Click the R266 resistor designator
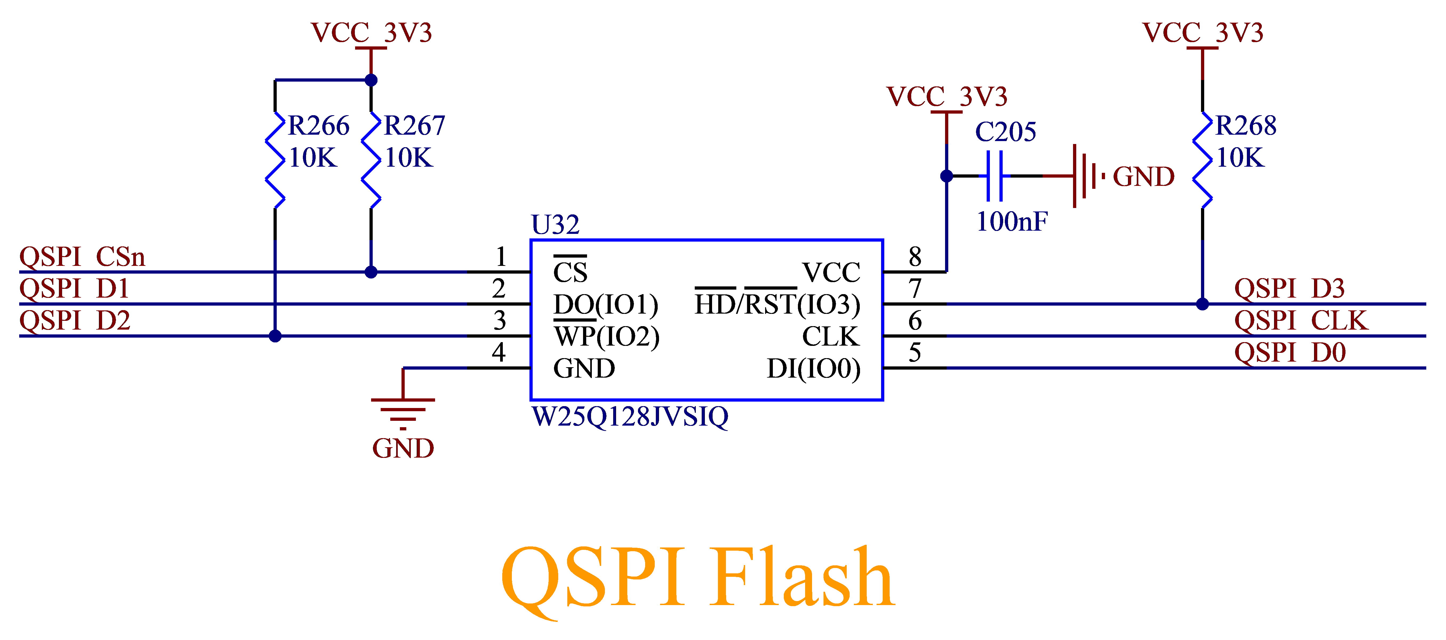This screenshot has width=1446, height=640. [x=318, y=126]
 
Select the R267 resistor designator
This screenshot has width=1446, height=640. [x=414, y=126]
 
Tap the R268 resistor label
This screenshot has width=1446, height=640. [x=1246, y=126]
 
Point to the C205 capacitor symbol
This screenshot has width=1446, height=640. [x=994, y=176]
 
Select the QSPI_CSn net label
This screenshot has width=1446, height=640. [x=82, y=257]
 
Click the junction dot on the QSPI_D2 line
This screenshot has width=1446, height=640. [x=275, y=336]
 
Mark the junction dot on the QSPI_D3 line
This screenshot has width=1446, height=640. [x=1202, y=304]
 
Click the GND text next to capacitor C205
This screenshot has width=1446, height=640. [x=1143, y=177]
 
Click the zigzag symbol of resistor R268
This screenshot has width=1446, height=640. [x=1202, y=160]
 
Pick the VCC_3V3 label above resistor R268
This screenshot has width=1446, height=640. [x=1203, y=33]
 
